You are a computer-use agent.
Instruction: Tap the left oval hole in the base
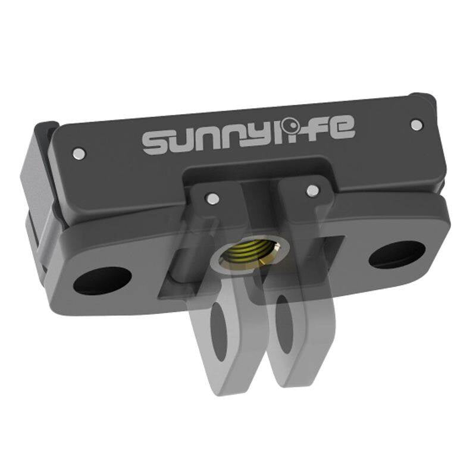click(x=102, y=280)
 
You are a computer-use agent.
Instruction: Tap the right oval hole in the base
click(x=397, y=253)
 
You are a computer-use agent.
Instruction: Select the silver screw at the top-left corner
click(x=77, y=154)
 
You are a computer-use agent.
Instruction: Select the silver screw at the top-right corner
click(x=417, y=124)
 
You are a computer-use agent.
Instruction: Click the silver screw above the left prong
click(x=211, y=196)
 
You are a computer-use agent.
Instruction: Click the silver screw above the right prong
click(x=312, y=190)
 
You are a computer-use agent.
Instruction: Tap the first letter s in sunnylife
click(x=156, y=143)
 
